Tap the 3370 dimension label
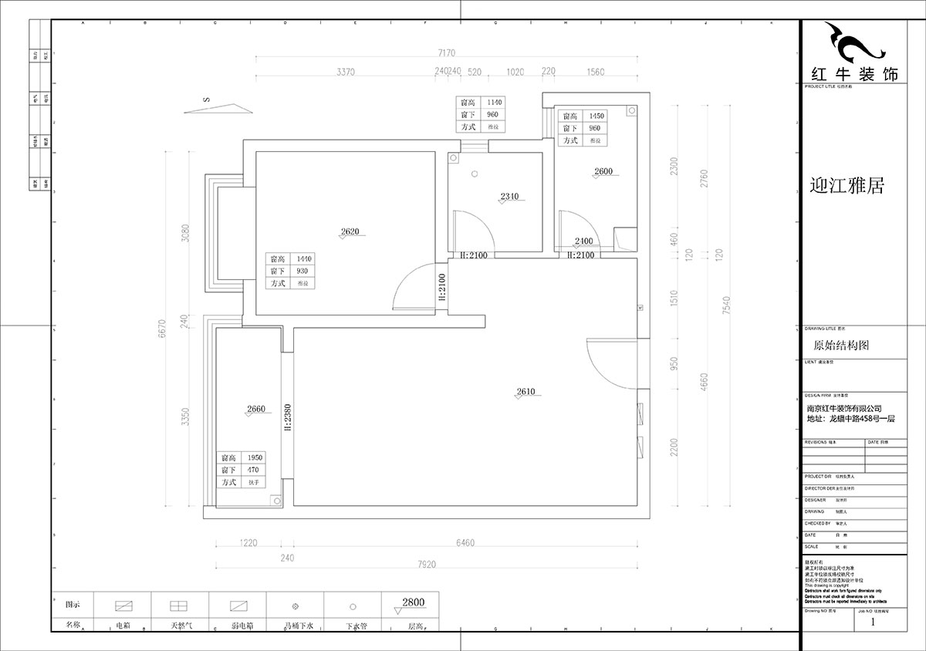click(345, 72)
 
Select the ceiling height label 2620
click(351, 231)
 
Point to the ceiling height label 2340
click(509, 197)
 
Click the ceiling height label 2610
click(526, 392)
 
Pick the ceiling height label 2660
click(257, 409)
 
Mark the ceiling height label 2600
click(603, 171)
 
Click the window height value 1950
click(254, 457)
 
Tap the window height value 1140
click(494, 102)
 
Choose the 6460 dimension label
click(465, 543)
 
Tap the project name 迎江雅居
click(846, 186)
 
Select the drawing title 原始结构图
click(841, 346)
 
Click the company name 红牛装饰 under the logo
click(853, 75)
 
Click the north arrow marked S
click(219, 106)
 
